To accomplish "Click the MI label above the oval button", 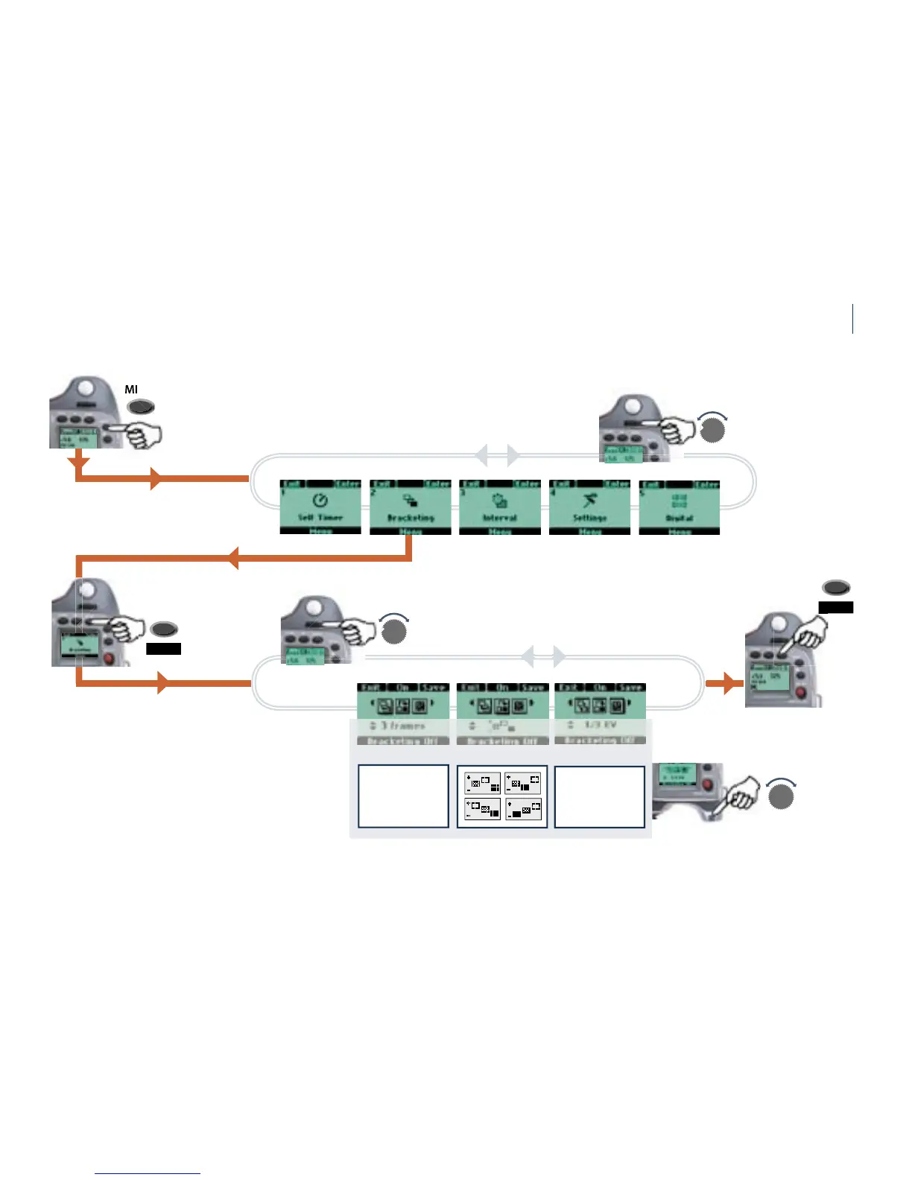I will click(131, 390).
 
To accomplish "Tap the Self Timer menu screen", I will click(320, 507).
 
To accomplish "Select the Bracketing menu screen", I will click(411, 507).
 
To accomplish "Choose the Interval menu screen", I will click(500, 507).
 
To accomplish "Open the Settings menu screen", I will click(589, 507).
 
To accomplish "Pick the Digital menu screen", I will click(680, 507).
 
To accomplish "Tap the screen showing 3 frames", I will click(403, 714).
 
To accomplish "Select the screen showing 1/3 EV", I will click(600, 714).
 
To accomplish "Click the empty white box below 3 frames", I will click(403, 796).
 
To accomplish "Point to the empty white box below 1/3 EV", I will click(600, 796).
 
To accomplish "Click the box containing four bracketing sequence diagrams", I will click(502, 796).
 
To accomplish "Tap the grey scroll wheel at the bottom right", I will click(781, 798).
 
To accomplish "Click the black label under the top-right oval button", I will click(835, 608).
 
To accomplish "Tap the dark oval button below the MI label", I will click(141, 407).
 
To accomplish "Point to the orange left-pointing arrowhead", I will click(232, 557).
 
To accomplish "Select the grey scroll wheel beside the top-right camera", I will click(713, 430).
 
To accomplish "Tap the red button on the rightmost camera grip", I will click(801, 692).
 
